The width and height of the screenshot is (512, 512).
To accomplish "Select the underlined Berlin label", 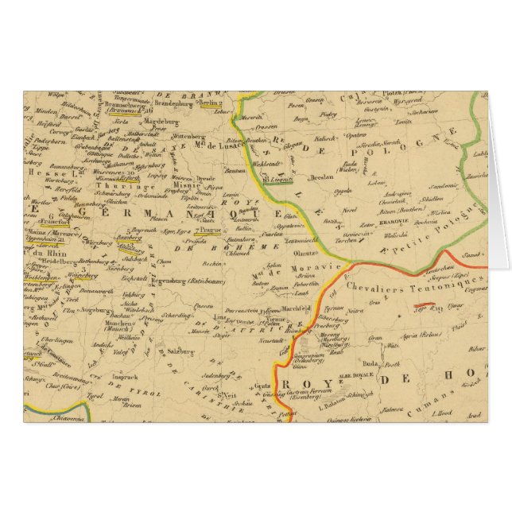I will tap(211, 103).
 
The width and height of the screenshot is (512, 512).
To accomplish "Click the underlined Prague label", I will tap(213, 230).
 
